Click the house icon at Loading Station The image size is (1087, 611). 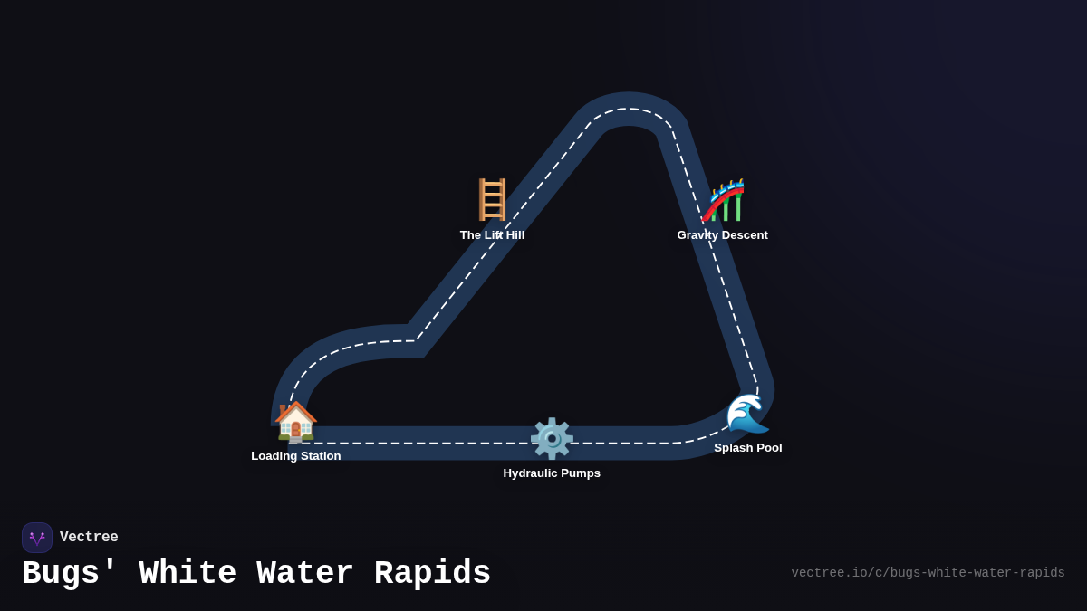point(296,422)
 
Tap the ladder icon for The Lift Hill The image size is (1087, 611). point(492,200)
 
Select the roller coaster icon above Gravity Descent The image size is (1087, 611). point(724,200)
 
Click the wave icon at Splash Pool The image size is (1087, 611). point(747,414)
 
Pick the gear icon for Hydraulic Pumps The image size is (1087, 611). point(552,439)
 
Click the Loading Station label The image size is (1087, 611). point(296,456)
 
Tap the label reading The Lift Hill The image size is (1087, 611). point(492,235)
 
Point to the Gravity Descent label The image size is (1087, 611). point(722,235)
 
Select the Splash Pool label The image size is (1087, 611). point(747,448)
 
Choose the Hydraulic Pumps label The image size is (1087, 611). point(552,473)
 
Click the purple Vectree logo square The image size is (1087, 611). point(37,538)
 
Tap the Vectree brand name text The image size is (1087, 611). point(89,538)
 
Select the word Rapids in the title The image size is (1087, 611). point(432,574)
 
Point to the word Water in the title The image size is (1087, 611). point(305,574)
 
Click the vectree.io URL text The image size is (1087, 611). point(928,573)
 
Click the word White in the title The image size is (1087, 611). point(188,574)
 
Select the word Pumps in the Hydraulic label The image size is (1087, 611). point(580,473)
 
